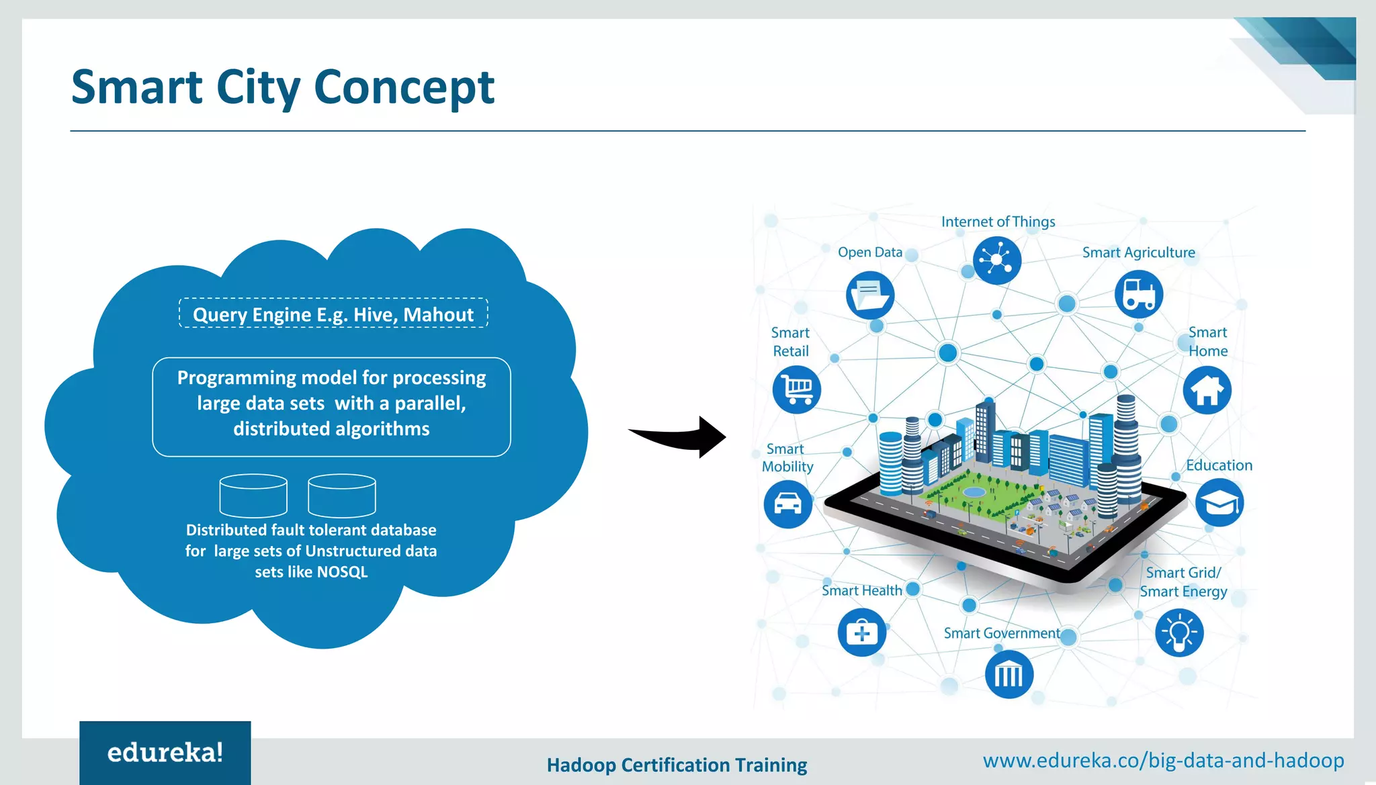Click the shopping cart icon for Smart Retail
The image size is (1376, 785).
(x=796, y=389)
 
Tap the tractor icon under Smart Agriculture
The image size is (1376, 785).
(x=1138, y=294)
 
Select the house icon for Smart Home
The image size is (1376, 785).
(x=1207, y=390)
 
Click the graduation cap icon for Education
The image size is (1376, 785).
(x=1219, y=502)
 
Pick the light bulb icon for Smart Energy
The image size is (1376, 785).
(x=1179, y=633)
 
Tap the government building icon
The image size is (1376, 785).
(x=1008, y=674)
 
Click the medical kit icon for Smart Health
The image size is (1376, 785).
(x=861, y=632)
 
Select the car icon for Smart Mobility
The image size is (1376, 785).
(x=787, y=504)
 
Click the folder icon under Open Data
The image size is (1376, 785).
(x=869, y=295)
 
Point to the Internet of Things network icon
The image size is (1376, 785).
(x=996, y=260)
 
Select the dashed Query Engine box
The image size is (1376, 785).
(x=333, y=314)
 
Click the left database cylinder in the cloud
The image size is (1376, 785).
(x=253, y=496)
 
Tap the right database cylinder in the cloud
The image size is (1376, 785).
(x=341, y=496)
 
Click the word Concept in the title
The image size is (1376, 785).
(x=404, y=88)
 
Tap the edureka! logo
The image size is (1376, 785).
(x=165, y=752)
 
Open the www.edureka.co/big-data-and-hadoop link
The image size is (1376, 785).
(x=1163, y=760)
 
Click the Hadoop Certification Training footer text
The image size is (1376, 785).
(x=677, y=765)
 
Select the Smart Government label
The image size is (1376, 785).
(x=1001, y=633)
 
